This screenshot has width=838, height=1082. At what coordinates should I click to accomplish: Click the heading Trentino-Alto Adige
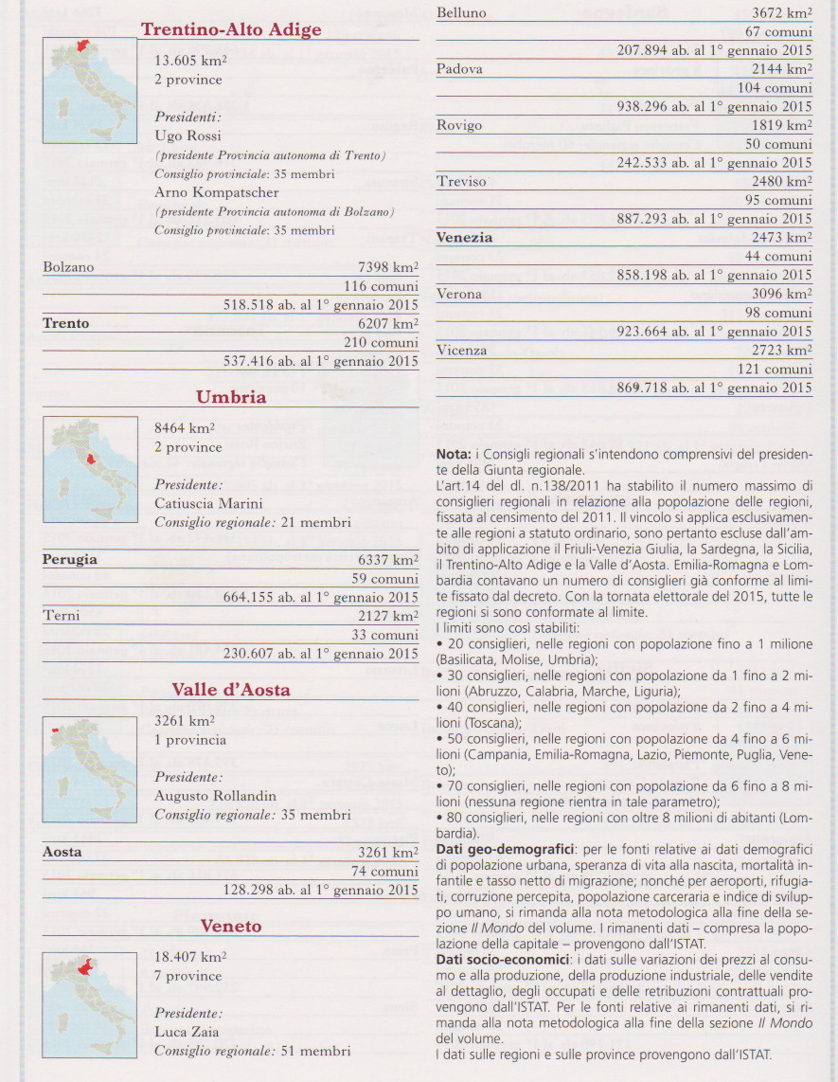pos(231,29)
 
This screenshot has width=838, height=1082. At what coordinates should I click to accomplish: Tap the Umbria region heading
pos(231,397)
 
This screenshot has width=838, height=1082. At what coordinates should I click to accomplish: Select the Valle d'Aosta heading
pos(231,690)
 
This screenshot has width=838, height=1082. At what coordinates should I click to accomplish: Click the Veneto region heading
pos(231,926)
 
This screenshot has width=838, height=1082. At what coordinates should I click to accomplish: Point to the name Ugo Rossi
pos(187,136)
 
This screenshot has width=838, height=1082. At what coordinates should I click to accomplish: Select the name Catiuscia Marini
pos(208,503)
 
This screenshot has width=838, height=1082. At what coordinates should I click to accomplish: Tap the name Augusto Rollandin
pos(215,796)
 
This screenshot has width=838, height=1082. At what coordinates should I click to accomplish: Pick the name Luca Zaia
pos(187,1032)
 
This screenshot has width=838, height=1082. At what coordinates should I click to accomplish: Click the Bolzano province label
pos(68,267)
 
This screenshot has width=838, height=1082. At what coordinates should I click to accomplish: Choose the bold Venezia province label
pos(464,238)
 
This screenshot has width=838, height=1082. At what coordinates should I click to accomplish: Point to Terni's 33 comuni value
pos(384,635)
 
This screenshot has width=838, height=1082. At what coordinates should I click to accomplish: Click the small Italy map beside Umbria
pos(90,469)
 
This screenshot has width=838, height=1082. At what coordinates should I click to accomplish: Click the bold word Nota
pos(454,454)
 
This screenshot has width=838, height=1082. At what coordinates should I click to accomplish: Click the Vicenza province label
pos(462,351)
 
